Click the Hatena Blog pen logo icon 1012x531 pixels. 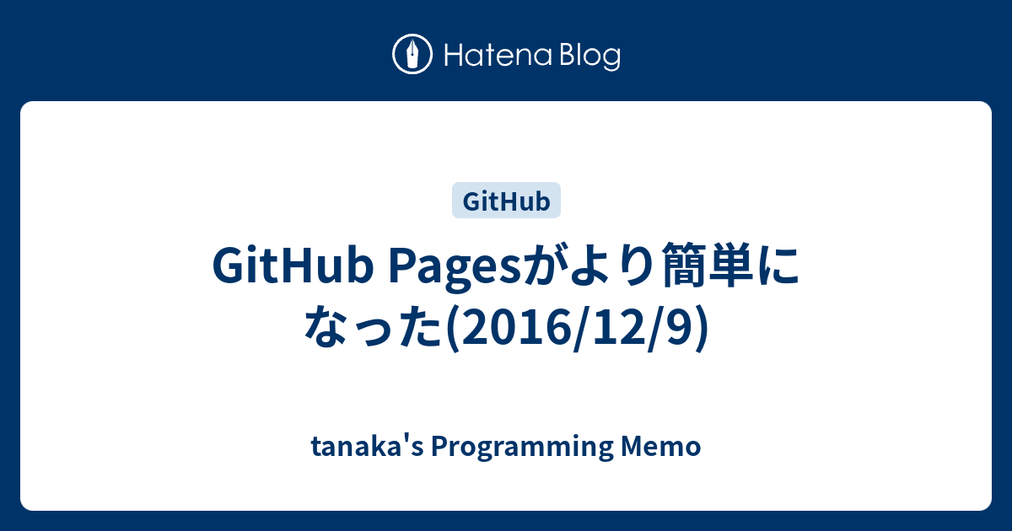point(412,55)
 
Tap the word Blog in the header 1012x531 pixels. point(588,56)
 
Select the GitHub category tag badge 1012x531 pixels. point(506,201)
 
